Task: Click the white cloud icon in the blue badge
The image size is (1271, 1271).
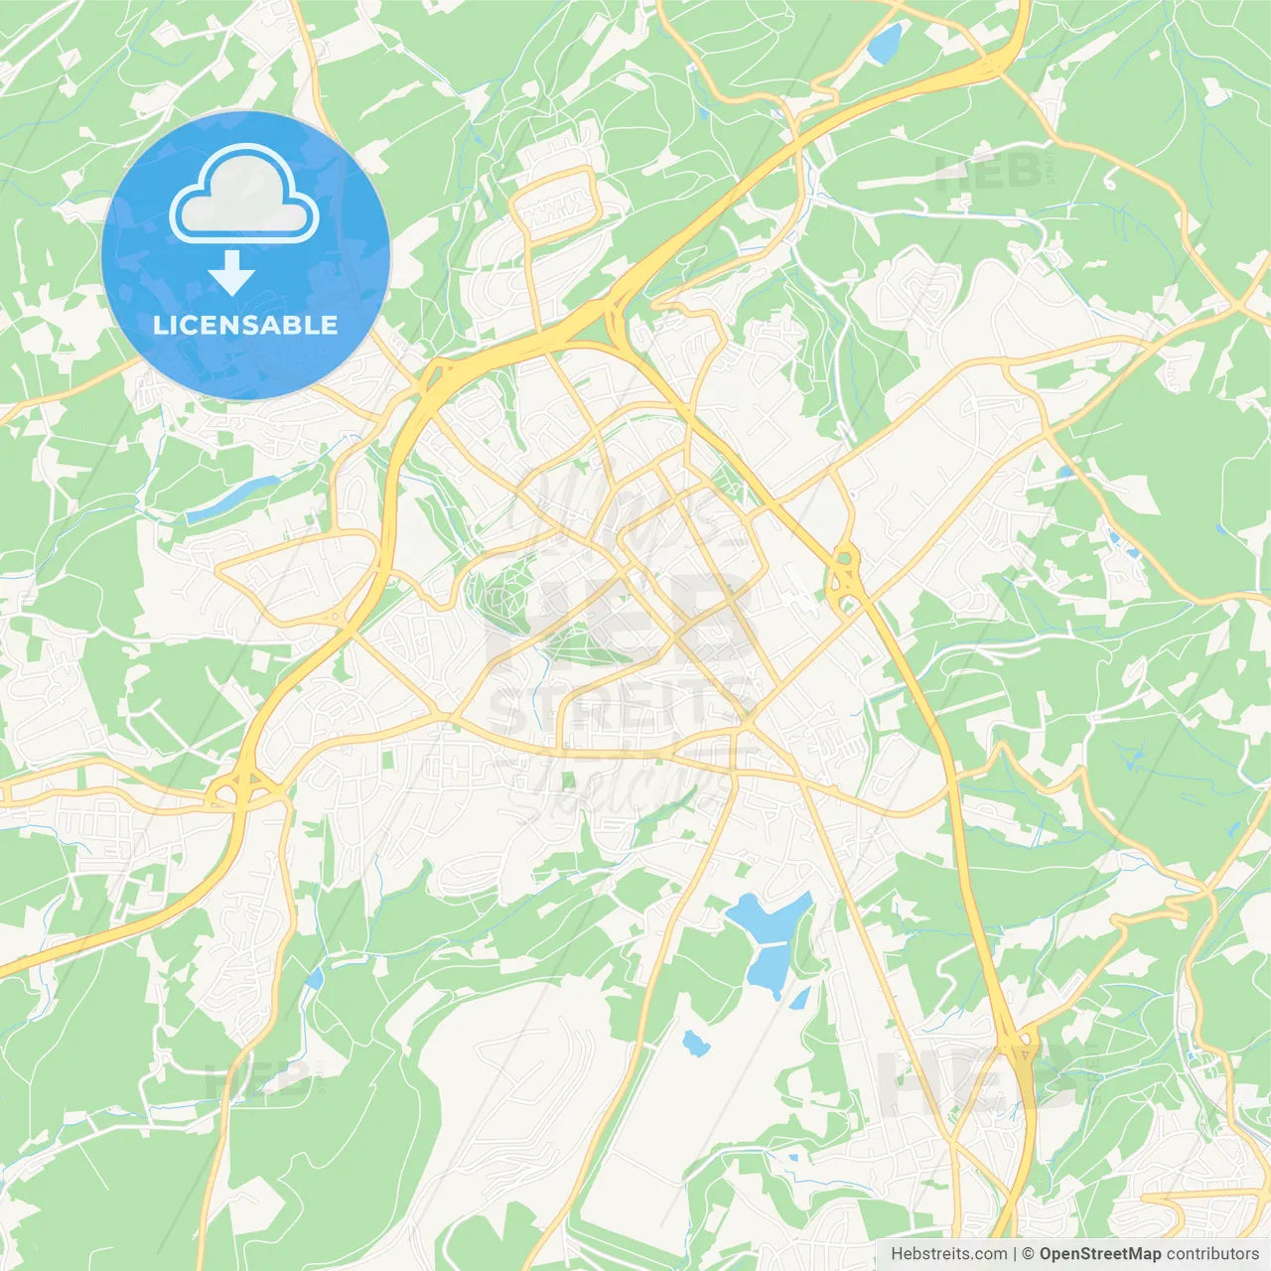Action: click(244, 195)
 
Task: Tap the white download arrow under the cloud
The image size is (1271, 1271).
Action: click(231, 272)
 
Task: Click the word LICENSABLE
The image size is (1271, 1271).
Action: click(245, 325)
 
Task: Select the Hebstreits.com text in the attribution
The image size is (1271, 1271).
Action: click(948, 1254)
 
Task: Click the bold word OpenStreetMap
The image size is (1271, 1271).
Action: click(1099, 1254)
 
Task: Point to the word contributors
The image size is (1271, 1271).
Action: click(1211, 1254)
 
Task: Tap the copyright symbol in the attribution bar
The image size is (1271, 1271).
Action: click(1028, 1254)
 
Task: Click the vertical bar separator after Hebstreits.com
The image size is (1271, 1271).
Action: click(1014, 1254)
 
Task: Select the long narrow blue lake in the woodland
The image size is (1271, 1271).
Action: click(234, 497)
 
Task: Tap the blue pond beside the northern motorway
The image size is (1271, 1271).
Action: click(884, 43)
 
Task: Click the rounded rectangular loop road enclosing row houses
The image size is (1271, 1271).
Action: click(555, 204)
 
